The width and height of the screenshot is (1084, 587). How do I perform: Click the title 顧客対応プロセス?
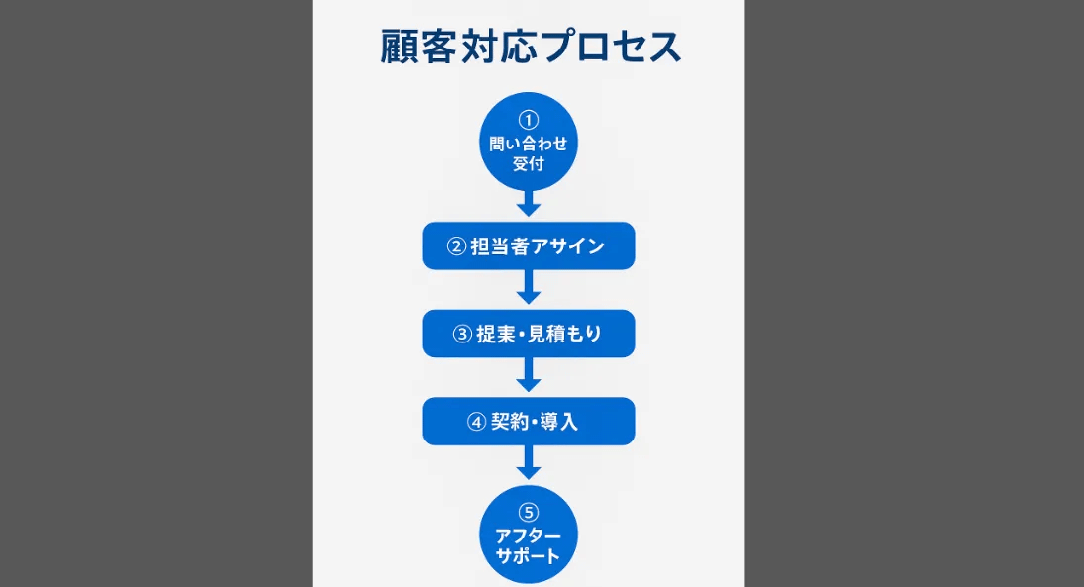pos(531,47)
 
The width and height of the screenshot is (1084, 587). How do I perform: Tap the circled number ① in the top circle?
pos(529,120)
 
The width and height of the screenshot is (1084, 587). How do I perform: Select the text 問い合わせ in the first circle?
pos(529,144)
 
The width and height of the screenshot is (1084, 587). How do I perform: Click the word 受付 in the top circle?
pos(529,164)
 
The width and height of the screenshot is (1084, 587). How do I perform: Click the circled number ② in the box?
pos(456,246)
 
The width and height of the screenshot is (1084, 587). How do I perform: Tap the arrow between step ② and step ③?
pos(529,287)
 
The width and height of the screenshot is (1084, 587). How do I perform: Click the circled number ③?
pos(462,334)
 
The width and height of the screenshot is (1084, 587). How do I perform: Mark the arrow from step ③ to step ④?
pos(529,375)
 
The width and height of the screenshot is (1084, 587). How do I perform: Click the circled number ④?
pos(476,422)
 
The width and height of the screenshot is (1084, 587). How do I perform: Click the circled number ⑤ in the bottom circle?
pos(529,513)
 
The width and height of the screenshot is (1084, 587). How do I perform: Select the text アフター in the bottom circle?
pos(529,536)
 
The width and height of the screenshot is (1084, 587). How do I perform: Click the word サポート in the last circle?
pos(529,556)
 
